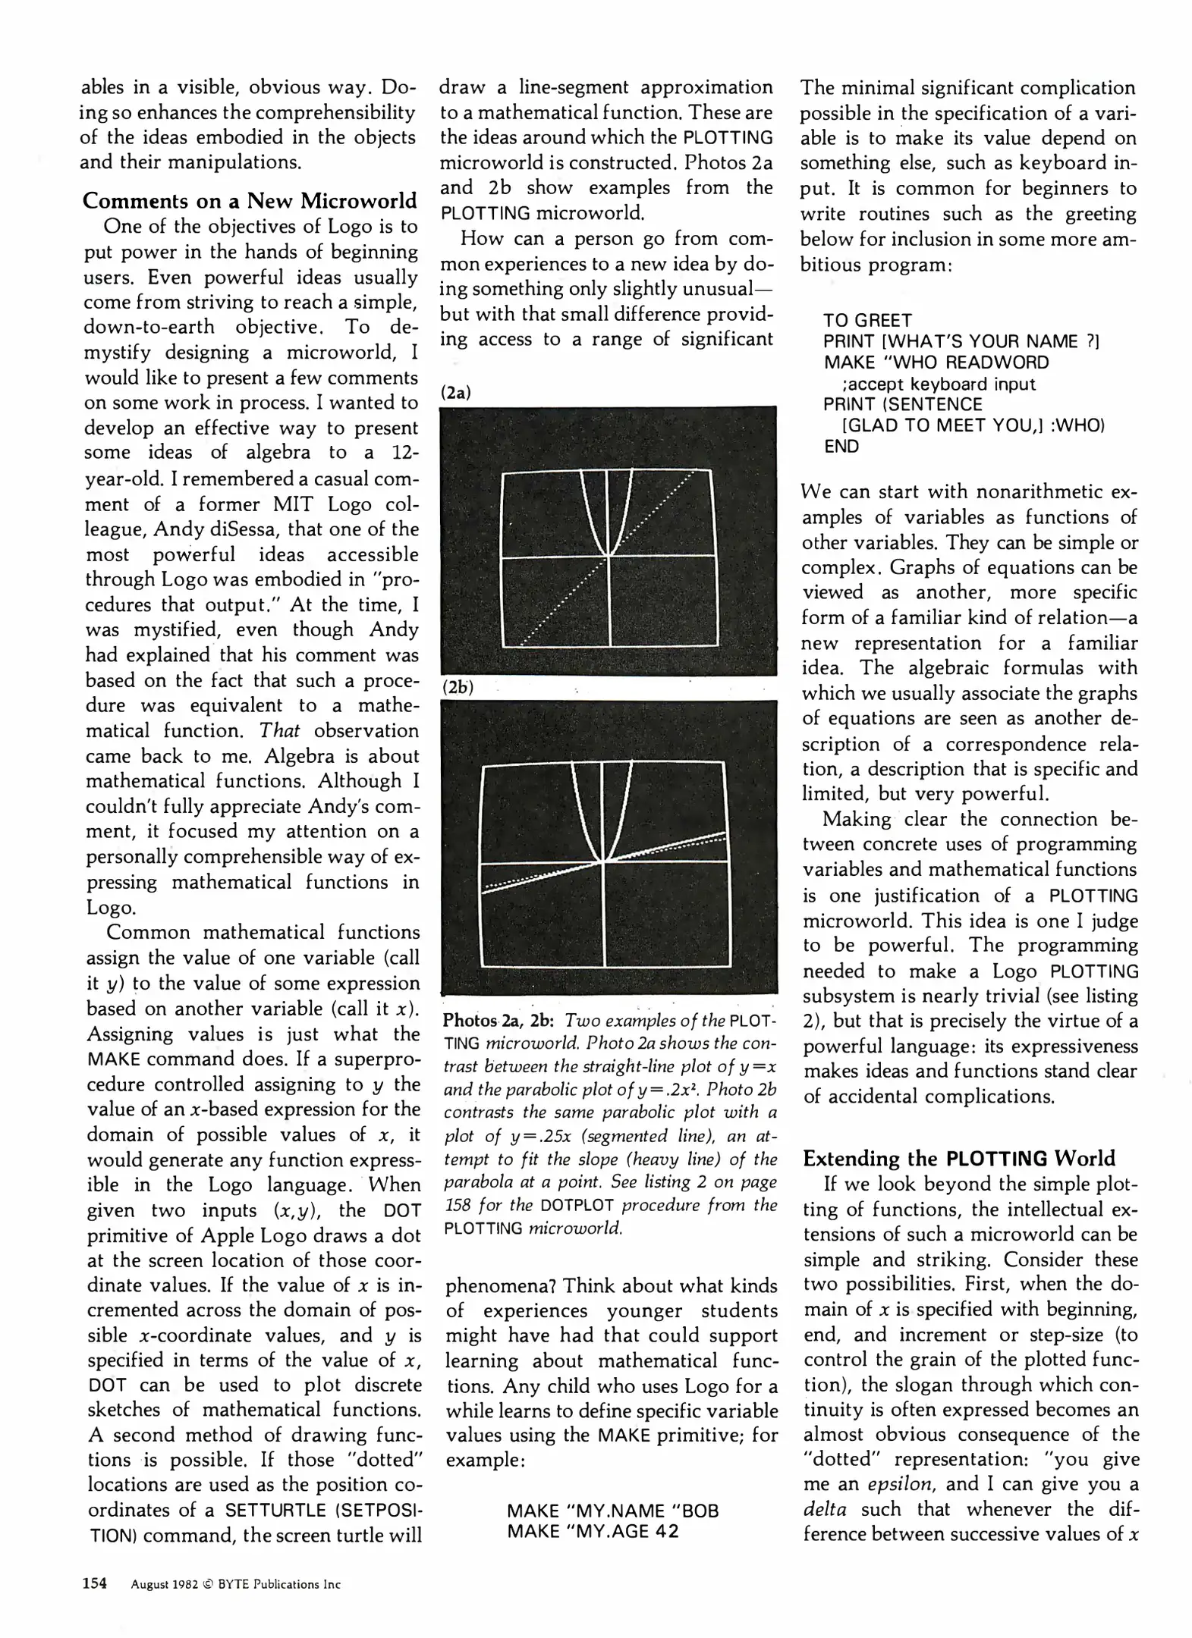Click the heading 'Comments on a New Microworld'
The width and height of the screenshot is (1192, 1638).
[250, 201]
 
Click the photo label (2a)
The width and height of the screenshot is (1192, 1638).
[456, 392]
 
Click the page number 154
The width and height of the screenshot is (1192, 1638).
[95, 1583]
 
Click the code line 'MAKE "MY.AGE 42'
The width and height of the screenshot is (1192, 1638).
[592, 1531]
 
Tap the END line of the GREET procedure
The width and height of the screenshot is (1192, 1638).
[841, 446]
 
